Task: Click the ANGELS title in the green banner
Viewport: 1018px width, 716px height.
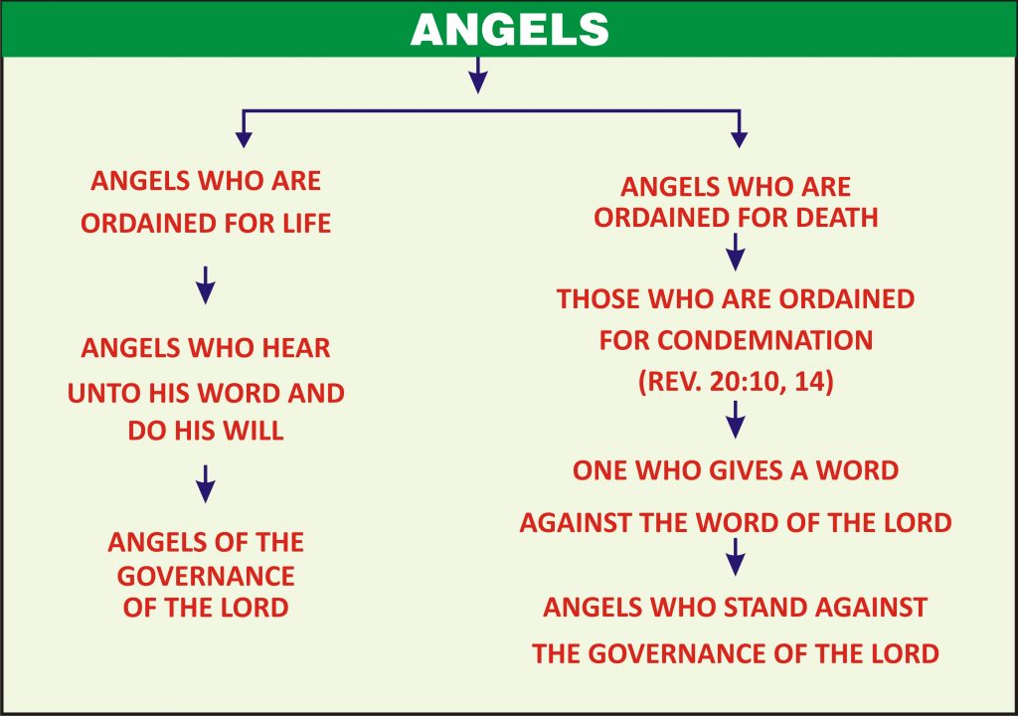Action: point(510,29)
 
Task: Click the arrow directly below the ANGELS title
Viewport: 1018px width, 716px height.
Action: point(478,76)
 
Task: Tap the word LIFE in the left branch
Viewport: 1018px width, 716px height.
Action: point(306,223)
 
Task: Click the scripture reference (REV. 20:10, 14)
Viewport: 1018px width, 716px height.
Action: point(736,381)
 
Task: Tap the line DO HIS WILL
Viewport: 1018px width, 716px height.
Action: point(206,431)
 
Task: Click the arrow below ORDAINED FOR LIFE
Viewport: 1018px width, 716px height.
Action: point(206,285)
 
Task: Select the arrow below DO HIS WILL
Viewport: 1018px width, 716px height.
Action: point(206,484)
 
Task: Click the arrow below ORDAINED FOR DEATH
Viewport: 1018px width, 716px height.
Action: point(736,253)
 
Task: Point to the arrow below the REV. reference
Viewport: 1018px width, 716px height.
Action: point(736,420)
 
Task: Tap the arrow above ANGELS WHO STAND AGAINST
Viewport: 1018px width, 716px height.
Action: point(736,557)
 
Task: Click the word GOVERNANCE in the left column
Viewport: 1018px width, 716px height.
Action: point(206,576)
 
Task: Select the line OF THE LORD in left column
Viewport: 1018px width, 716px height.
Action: point(206,608)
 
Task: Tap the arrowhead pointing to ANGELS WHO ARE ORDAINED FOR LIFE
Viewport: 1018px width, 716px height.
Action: point(244,138)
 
